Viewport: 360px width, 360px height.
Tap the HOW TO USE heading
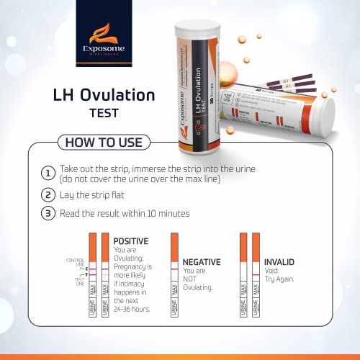[104, 142]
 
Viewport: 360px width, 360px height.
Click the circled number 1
[48, 173]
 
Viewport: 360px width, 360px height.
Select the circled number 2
[48, 194]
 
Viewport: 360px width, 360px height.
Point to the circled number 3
[48, 213]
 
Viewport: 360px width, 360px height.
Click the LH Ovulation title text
[104, 94]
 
